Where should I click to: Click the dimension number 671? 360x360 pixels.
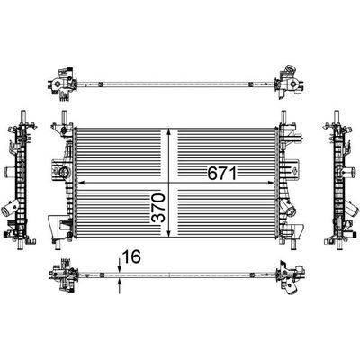coord(222,173)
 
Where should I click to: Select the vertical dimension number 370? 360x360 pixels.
coord(158,208)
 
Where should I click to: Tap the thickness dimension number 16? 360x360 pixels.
coord(131,256)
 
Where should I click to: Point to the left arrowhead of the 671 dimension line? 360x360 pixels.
coord(81,182)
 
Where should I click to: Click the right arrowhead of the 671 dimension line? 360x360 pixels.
coord(271,182)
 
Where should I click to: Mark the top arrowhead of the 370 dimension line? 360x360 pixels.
coord(169,132)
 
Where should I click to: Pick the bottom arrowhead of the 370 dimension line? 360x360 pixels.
coord(169,234)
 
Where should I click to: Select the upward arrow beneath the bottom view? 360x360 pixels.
coord(120,285)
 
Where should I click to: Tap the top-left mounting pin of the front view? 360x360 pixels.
coord(64,116)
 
